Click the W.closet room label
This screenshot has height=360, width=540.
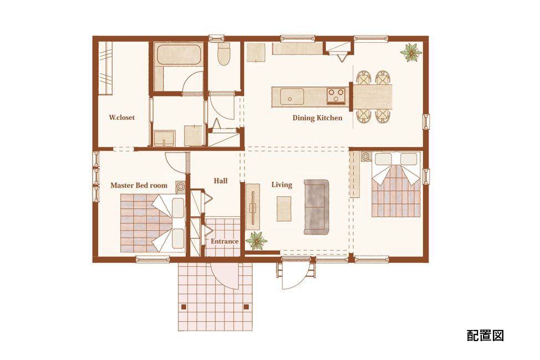point(121,118)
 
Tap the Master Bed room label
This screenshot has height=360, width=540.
point(139,185)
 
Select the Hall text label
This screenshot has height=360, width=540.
point(221,181)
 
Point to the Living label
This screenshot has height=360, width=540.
point(282,185)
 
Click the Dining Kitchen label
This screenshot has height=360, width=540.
point(317,118)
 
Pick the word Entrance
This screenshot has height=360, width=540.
point(225,241)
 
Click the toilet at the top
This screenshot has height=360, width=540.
point(224,54)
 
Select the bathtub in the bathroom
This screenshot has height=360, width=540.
point(178,54)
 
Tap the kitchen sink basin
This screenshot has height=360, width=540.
point(292,97)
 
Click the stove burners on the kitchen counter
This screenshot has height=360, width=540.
point(336,96)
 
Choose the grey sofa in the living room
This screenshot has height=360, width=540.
point(316,207)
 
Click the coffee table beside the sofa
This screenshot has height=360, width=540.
point(284,209)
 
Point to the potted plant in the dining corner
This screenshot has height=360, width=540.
point(410,52)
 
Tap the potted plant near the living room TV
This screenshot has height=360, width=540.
point(256,240)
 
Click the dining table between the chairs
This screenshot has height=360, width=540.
point(373,97)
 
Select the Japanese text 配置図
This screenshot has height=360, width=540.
point(485,335)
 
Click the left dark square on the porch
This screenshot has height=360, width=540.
point(184,307)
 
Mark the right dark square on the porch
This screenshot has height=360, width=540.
point(246,307)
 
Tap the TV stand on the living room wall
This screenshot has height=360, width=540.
point(253,207)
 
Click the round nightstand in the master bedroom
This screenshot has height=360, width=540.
point(180,187)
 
